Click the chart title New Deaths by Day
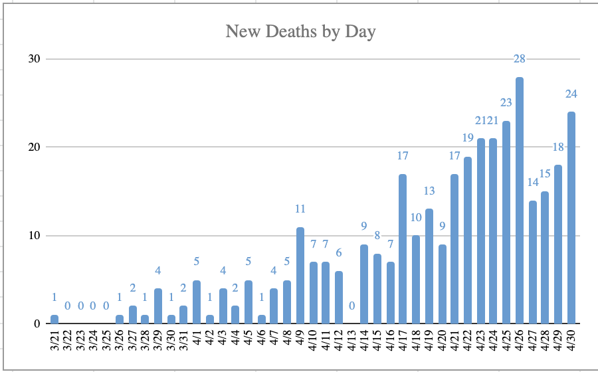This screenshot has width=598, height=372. point(300,31)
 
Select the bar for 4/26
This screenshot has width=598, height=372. point(520,201)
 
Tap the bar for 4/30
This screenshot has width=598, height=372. point(571,218)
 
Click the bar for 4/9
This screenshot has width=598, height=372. point(300,276)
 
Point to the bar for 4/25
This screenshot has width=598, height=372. point(506,223)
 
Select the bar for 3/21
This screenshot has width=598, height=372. point(54,320)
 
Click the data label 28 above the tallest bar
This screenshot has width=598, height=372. point(520,59)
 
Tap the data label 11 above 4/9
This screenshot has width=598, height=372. point(300,209)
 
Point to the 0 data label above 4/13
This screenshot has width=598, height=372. point(351,306)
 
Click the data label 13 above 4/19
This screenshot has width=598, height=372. point(429,191)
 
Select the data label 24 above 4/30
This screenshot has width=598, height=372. point(571,94)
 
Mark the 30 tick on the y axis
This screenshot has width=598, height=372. point(34,58)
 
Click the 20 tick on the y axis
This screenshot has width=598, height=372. point(34,147)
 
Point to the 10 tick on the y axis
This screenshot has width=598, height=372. point(34,236)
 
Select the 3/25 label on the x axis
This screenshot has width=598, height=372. point(106,343)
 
